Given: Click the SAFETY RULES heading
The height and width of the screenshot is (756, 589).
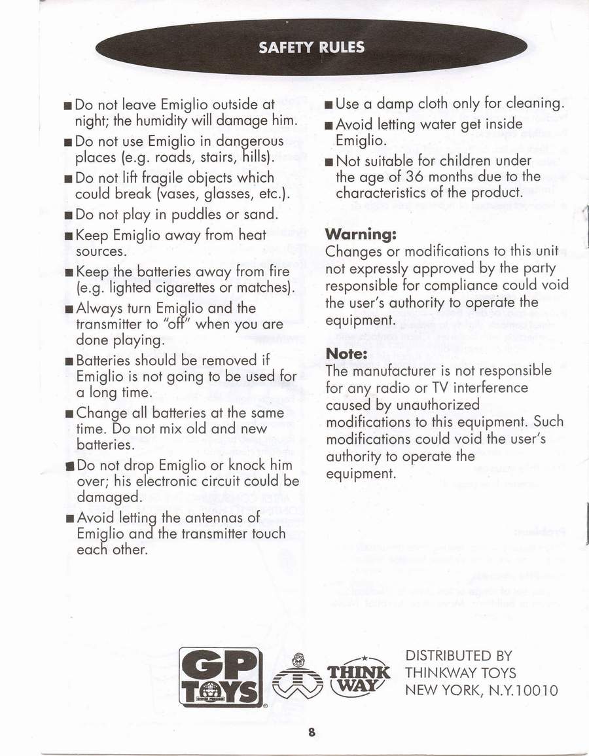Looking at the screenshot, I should (x=312, y=47).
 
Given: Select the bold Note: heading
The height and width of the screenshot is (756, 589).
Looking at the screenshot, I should (x=347, y=354).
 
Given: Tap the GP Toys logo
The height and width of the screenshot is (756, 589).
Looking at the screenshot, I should (x=221, y=677).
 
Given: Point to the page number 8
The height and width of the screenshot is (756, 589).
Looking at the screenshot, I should (x=312, y=733).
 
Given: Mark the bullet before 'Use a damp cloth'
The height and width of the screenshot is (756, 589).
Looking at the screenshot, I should (x=329, y=105).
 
